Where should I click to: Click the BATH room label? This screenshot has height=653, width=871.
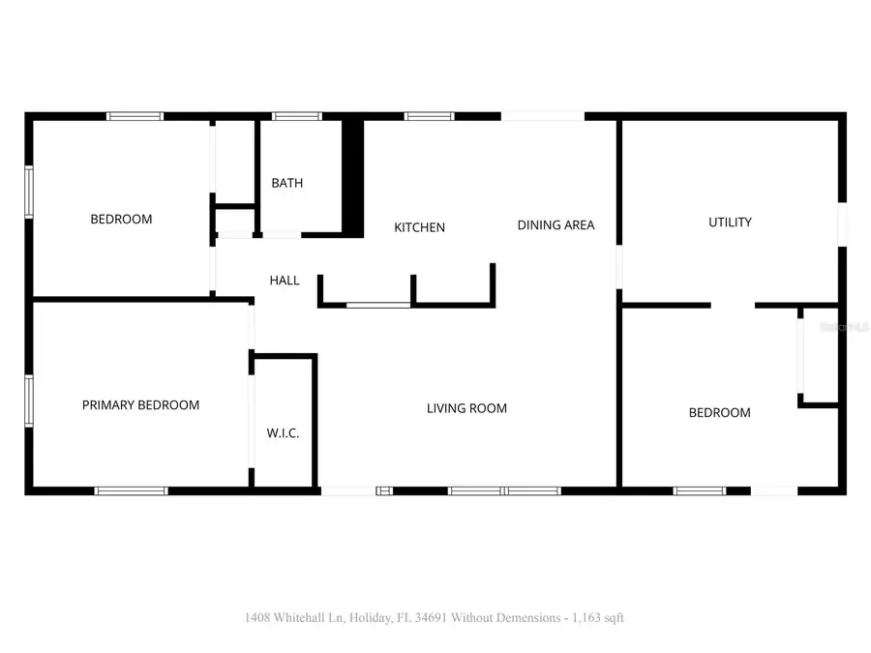pos(286,183)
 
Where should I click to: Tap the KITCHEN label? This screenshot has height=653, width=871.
pos(419,227)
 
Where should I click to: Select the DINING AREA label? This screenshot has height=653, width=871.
pos(556,225)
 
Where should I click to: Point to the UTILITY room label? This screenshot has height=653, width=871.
pos(730,223)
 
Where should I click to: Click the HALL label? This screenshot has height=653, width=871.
pos(285,281)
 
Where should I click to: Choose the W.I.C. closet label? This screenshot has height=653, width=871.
pos(283,433)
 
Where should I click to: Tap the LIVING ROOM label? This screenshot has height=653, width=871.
pos(466,408)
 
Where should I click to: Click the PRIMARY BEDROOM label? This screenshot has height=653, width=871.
pos(140,405)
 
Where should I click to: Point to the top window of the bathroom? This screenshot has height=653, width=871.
pos(297,116)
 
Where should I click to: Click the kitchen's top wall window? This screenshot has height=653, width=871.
pos(429,116)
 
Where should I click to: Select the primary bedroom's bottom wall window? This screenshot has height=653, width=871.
pos(131,491)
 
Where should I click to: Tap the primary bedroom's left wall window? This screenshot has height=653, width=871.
pos(29,401)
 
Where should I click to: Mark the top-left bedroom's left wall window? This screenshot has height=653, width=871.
pos(29,193)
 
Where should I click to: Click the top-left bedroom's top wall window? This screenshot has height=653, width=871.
pos(135,116)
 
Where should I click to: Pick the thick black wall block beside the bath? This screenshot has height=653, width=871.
pos(353,179)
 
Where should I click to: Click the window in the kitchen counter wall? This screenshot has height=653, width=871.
pos(378,306)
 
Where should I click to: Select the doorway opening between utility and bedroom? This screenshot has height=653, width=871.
pos(733,306)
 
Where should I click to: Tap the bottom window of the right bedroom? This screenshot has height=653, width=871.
pos(700,491)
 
